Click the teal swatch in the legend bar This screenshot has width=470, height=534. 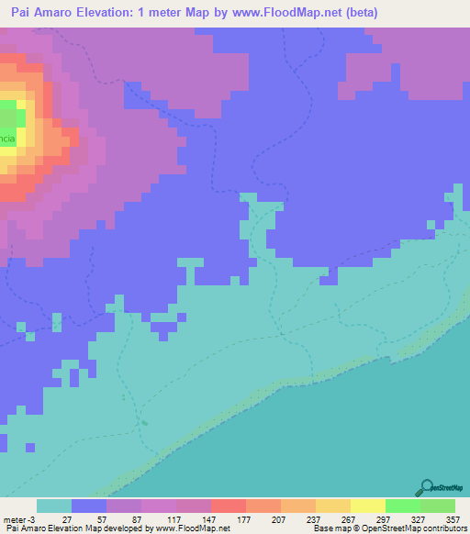[54, 506]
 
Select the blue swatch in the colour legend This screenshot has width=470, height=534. [89, 506]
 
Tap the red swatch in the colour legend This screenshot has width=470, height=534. [229, 506]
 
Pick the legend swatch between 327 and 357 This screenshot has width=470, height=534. [438, 506]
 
